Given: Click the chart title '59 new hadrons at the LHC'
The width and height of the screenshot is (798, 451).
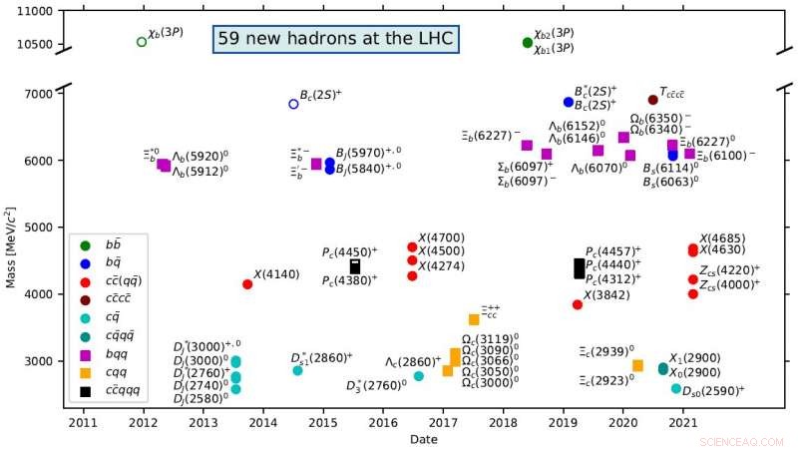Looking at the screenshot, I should coord(335,40).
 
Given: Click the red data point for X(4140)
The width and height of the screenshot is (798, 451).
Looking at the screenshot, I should coord(247,284).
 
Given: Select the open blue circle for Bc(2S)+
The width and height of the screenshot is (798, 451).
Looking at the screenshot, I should coord(293,104).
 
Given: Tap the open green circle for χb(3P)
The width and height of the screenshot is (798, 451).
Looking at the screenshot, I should coord(142,42).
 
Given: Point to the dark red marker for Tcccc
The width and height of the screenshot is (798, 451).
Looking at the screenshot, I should coord(653,100).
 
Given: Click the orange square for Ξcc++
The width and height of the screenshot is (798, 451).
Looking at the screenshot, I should coord(474,319).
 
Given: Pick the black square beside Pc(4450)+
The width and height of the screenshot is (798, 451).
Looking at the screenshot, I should coord(355,266).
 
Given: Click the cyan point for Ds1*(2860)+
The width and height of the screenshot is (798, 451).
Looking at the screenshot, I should coord(297,370).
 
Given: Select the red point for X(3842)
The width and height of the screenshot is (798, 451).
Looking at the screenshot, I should coord(578,304).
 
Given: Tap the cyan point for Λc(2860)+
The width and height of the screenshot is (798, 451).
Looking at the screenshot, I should coord(419,376).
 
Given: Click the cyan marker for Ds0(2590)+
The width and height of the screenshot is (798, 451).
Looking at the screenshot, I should coord(676,388).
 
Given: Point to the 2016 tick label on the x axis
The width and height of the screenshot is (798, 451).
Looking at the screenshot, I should coord(383,424).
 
